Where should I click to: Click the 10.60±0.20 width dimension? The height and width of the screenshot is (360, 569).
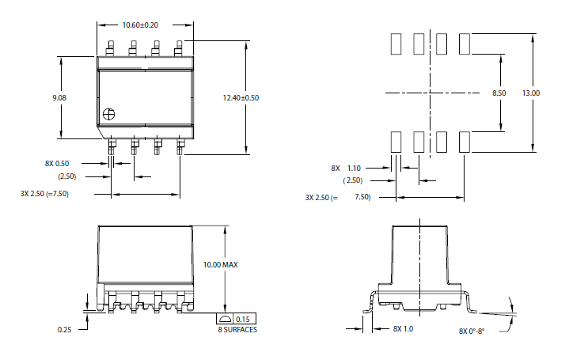[x=140, y=25]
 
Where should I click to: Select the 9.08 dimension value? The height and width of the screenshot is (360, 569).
[x=59, y=97]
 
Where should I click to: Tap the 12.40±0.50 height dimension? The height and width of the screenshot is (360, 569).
[x=241, y=97]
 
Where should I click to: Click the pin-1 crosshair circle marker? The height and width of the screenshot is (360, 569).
[x=109, y=114]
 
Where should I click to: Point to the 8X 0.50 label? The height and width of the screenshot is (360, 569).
[x=57, y=163]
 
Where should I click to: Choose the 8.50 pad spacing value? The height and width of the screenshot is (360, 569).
[x=499, y=93]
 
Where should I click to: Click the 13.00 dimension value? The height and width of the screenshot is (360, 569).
[x=531, y=93]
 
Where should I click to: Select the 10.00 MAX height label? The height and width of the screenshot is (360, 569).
[x=220, y=264]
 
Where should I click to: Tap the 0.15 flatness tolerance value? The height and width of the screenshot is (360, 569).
[x=243, y=319]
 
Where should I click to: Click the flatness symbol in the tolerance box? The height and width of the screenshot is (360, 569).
[x=225, y=319]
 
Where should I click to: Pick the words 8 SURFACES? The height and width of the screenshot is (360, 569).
[x=237, y=329]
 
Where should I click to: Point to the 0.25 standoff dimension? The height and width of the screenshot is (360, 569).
[x=65, y=329]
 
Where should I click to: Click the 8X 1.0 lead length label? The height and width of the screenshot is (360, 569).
[x=403, y=329]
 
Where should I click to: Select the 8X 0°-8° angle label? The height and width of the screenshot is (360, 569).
[x=472, y=331]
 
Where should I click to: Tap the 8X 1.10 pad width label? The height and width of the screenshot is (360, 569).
[x=346, y=168]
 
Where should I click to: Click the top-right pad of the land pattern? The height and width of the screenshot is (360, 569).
[x=465, y=44]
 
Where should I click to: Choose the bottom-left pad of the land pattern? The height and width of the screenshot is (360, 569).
[x=396, y=142]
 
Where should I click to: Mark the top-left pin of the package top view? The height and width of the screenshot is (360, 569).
[x=110, y=48]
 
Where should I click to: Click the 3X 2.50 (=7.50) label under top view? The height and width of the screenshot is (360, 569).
[x=44, y=193]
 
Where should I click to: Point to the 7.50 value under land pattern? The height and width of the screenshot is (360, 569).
[x=362, y=197]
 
